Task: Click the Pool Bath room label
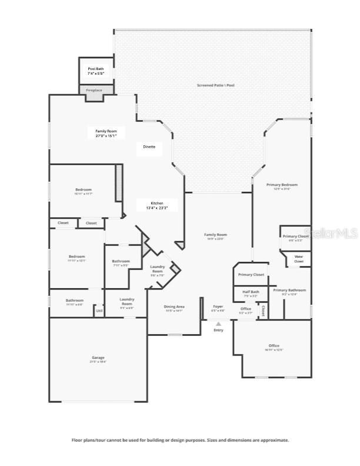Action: click(96, 69)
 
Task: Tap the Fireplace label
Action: click(94, 90)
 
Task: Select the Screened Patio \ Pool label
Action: click(216, 85)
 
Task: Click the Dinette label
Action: click(149, 147)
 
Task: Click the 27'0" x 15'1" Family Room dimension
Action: click(102, 136)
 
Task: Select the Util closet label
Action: click(99, 311)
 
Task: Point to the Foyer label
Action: click(218, 307)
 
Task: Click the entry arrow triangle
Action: click(218, 324)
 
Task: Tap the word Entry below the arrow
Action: click(218, 330)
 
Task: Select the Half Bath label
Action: click(251, 292)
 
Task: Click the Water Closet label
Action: click(299, 259)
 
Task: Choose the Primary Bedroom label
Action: click(282, 185)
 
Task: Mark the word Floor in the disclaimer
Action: click(77, 440)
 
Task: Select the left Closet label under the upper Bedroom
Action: click(63, 223)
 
